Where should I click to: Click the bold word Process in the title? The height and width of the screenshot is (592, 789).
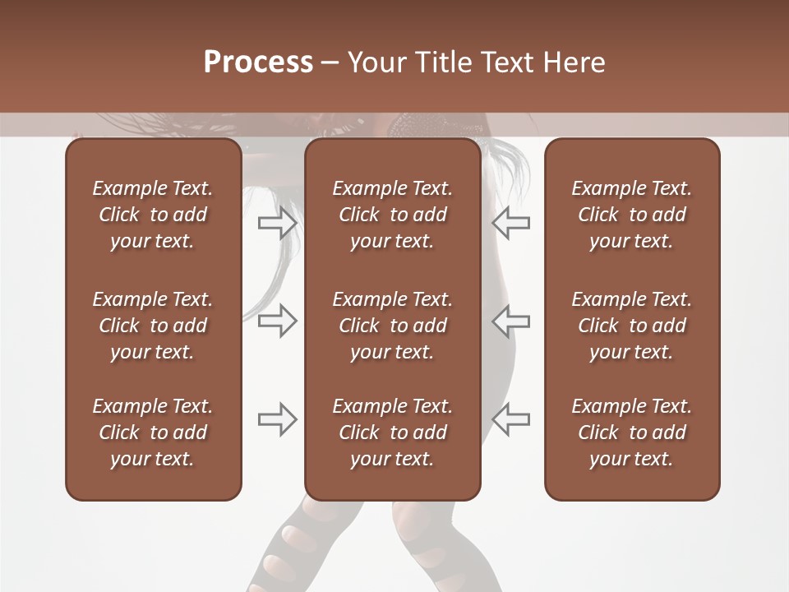point(258,62)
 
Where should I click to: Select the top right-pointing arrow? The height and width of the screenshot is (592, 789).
point(278,223)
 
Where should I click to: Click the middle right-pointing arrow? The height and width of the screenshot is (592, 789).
point(278,321)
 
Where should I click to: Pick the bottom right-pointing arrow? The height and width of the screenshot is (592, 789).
point(278,419)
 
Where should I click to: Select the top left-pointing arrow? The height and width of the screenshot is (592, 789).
point(510,223)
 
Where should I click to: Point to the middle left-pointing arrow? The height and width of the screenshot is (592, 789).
point(510,321)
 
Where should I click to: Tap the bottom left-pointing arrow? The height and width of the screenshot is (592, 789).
point(510,419)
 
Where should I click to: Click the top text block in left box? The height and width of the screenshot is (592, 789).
point(153,215)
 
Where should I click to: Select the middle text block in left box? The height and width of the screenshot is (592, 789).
point(153,326)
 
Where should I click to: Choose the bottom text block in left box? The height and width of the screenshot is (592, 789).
point(153,432)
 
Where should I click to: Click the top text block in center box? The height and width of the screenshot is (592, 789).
point(392,215)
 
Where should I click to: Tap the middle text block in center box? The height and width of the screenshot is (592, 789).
point(392,326)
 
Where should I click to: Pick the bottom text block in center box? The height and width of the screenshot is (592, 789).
point(392,432)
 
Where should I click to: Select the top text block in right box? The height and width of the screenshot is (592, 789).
point(631,215)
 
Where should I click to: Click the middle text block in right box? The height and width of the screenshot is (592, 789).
point(631,326)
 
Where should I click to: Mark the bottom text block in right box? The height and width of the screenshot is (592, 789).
point(631,432)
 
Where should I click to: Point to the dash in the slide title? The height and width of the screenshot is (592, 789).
point(330,63)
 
